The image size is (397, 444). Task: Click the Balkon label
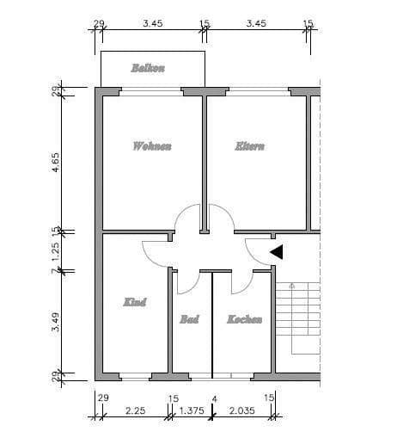(148, 68)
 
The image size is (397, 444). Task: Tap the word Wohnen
(152, 146)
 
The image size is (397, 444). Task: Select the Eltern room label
(250, 146)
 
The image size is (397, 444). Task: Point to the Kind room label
(135, 302)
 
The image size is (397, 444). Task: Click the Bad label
(189, 319)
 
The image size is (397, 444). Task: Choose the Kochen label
(244, 319)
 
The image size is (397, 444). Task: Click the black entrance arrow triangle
(277, 251)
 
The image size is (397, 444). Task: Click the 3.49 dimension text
(56, 322)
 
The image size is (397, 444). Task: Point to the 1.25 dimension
(56, 252)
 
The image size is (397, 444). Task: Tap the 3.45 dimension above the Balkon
(152, 23)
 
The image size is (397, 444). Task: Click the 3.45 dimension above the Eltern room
(255, 23)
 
